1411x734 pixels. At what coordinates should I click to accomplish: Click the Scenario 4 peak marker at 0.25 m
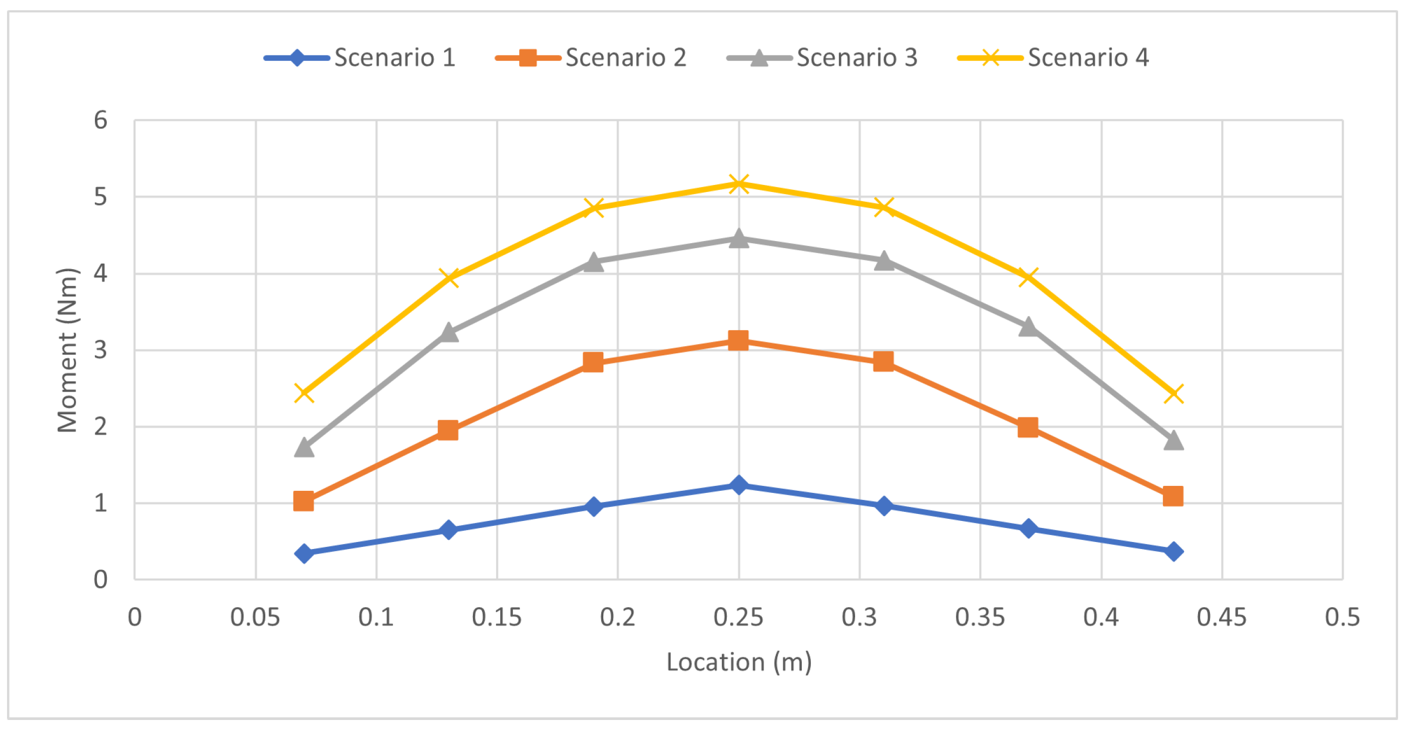coord(739,184)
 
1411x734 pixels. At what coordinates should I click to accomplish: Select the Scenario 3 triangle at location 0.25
coord(739,239)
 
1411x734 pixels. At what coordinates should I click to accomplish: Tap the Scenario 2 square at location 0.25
coord(739,341)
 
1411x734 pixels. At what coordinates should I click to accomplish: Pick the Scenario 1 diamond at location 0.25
coord(739,485)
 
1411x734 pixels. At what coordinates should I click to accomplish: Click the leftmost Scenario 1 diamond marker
coord(304,553)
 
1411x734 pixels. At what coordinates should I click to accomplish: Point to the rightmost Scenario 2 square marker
coord(1173,496)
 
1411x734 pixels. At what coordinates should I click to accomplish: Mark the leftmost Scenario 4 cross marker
coord(304,393)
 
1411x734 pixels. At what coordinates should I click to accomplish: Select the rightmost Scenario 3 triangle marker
coord(1173,441)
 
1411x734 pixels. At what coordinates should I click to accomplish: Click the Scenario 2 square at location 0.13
coord(448,430)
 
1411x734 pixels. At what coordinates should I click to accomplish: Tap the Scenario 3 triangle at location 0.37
coord(1028,327)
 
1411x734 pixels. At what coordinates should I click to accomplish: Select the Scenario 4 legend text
coord(1088,58)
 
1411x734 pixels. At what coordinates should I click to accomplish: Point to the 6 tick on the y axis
coord(100,120)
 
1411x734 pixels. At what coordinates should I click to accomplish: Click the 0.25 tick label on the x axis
coord(738,618)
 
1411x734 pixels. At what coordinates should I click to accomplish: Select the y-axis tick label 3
coord(100,350)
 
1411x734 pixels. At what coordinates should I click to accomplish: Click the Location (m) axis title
coord(739,662)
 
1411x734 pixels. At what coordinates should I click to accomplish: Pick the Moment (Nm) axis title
coord(68,350)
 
